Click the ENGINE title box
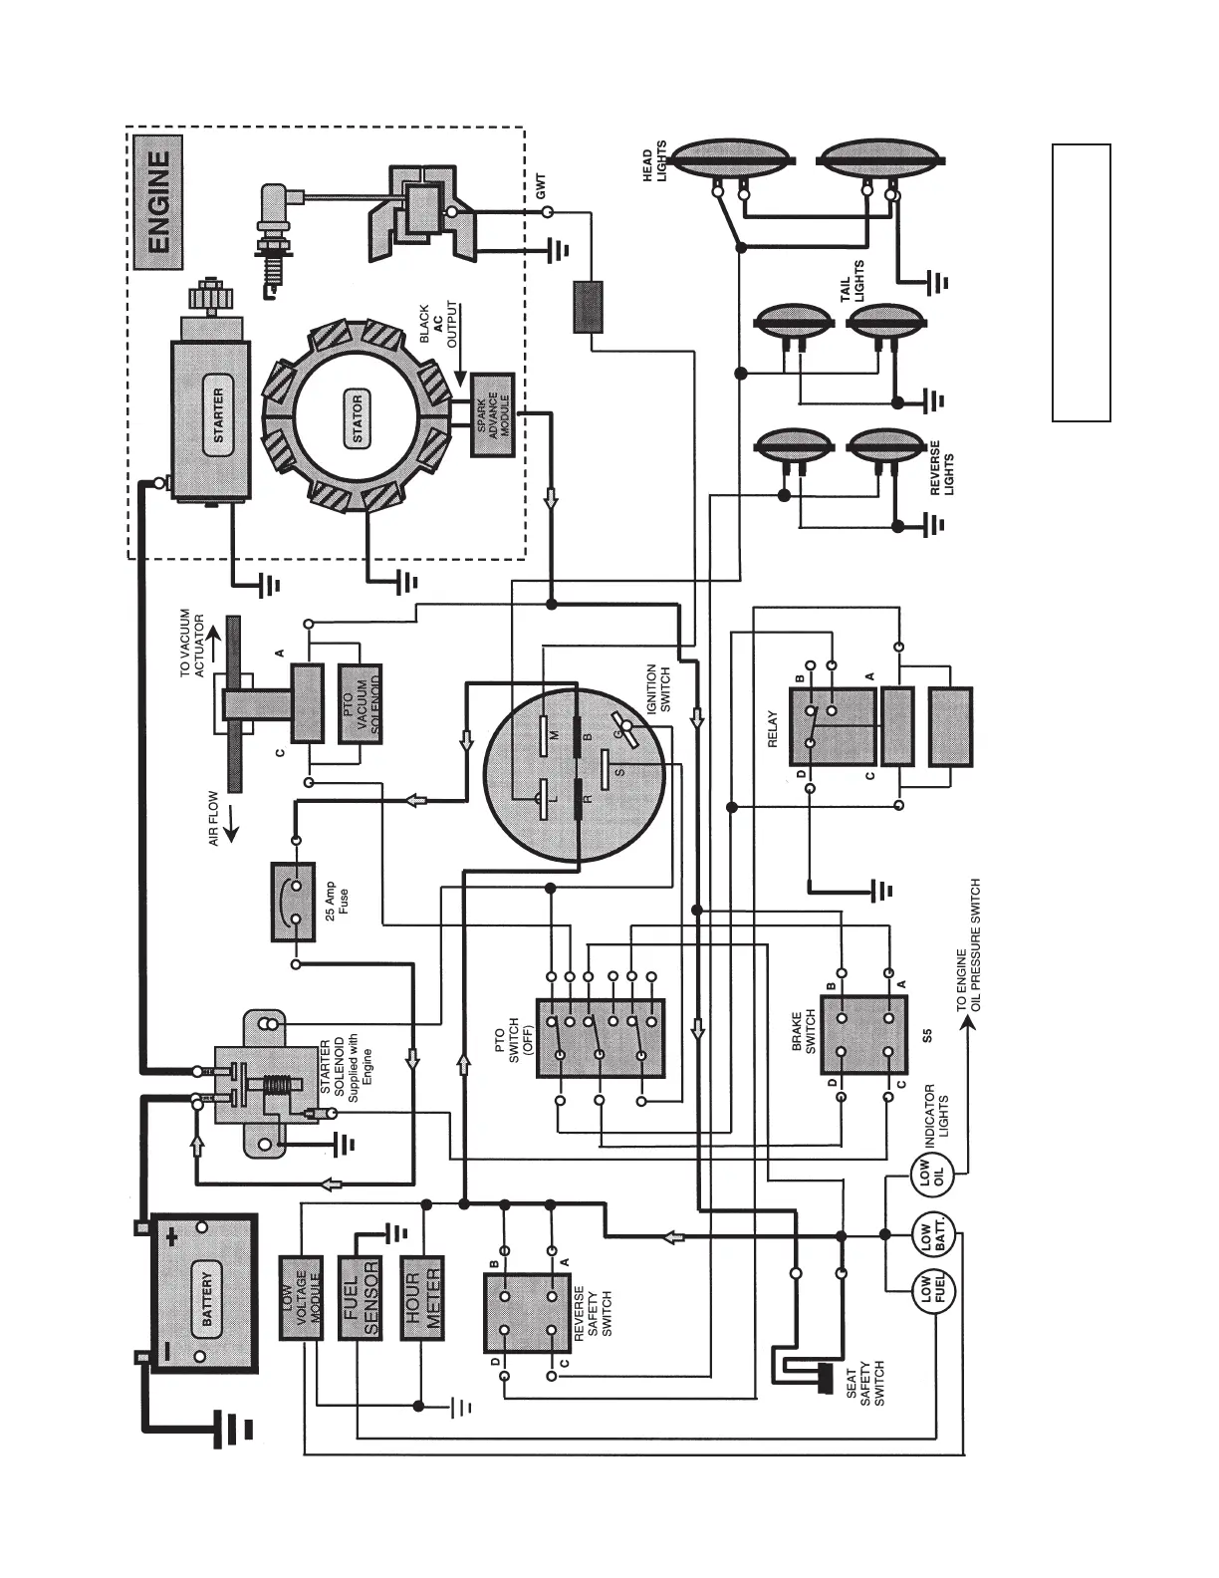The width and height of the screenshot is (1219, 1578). tap(158, 204)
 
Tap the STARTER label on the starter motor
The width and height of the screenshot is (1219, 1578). tap(219, 416)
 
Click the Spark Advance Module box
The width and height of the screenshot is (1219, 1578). tap(492, 415)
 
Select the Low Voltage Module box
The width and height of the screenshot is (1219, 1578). tap(301, 1296)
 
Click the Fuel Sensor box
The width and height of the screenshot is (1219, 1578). tap(361, 1296)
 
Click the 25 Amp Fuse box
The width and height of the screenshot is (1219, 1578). tap(293, 903)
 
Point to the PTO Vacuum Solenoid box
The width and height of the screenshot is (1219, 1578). tap(361, 715)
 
